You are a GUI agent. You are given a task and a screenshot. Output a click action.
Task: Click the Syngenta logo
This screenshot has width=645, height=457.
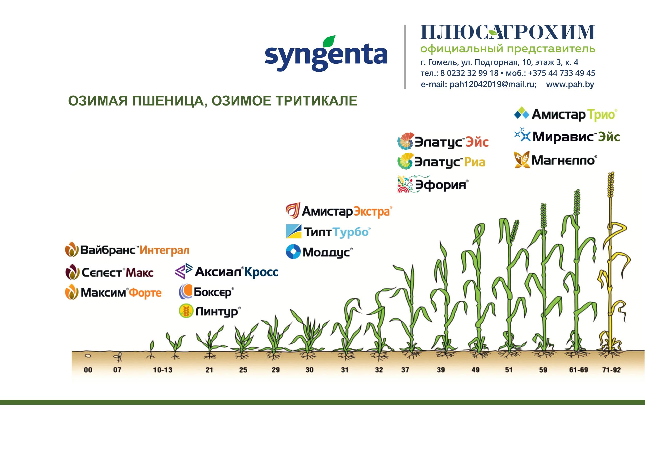tap(326, 53)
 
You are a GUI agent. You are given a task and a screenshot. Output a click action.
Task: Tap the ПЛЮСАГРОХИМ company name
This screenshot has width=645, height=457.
tap(507, 32)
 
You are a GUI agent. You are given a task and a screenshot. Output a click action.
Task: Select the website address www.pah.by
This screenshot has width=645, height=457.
tap(570, 84)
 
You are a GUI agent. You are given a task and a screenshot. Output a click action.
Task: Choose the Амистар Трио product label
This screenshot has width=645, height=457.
tap(565, 115)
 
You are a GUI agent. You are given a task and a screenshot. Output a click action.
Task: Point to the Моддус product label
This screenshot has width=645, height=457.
tap(319, 252)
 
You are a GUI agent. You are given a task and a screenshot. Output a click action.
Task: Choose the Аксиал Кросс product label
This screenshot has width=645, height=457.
tap(226, 272)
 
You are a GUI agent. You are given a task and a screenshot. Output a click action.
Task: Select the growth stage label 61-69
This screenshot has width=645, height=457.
tap(578, 370)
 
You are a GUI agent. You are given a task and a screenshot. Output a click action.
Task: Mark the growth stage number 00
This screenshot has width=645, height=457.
tap(88, 370)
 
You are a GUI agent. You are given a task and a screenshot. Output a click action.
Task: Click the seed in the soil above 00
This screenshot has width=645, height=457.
tap(89, 355)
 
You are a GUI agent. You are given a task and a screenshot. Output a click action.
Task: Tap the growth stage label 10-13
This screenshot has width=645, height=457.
tap(163, 370)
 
